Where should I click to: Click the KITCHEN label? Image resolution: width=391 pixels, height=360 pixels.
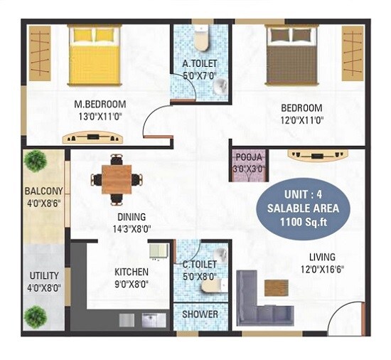coord(132,272)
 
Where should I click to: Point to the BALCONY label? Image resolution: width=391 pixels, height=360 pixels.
coord(44,191)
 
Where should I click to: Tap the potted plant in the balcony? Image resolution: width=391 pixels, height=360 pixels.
coord(37,160)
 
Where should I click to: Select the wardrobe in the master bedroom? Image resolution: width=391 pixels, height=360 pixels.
coord(39,53)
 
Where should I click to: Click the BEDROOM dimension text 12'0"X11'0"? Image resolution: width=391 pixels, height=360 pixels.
coord(301,120)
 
